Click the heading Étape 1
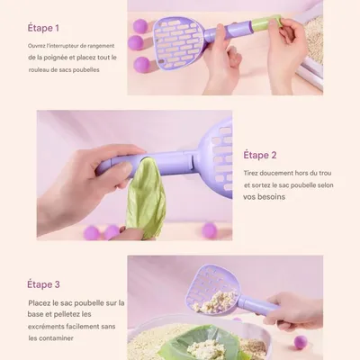43,28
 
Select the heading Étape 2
260,155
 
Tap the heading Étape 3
43,284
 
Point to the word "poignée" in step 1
55,58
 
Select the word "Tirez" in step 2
249,173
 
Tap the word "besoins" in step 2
272,197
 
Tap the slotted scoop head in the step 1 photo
179,43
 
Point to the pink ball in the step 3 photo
301,342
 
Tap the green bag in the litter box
201,344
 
